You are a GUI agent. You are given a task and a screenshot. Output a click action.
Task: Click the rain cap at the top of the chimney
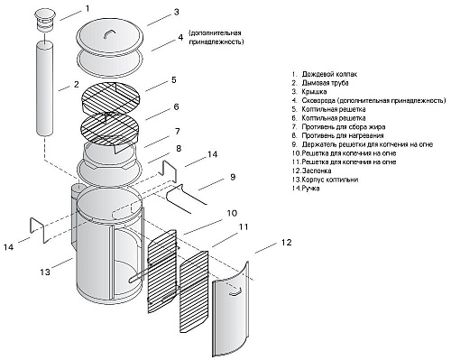[45, 20]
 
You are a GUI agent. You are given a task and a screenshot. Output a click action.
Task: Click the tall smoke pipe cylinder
[45, 88]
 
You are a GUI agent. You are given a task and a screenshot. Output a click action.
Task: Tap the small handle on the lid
[109, 33]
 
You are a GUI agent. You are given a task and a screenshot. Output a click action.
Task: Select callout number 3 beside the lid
[176, 13]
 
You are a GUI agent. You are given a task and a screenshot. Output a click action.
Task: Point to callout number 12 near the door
[286, 243]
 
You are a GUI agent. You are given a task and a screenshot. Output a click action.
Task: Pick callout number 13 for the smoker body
[45, 272]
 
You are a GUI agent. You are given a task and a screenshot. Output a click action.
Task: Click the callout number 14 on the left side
[9, 247]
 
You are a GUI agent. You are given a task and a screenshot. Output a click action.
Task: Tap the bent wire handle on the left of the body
[38, 229]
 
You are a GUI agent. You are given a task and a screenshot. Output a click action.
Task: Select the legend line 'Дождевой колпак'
[326, 74]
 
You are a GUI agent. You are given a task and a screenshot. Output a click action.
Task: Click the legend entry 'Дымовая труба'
[321, 83]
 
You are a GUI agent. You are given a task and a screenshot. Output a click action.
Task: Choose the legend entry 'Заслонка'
[312, 171]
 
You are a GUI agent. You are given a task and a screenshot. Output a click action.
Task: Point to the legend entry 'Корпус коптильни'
[326, 180]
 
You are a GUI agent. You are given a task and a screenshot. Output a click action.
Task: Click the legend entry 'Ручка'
[306, 189]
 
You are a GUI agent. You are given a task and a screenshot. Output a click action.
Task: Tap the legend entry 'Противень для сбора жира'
[339, 127]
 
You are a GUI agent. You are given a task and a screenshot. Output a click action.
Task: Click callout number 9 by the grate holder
[233, 177]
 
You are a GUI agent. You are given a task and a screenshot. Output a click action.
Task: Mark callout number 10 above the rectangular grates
[232, 213]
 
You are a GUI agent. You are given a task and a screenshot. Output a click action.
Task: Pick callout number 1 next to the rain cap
[87, 8]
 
